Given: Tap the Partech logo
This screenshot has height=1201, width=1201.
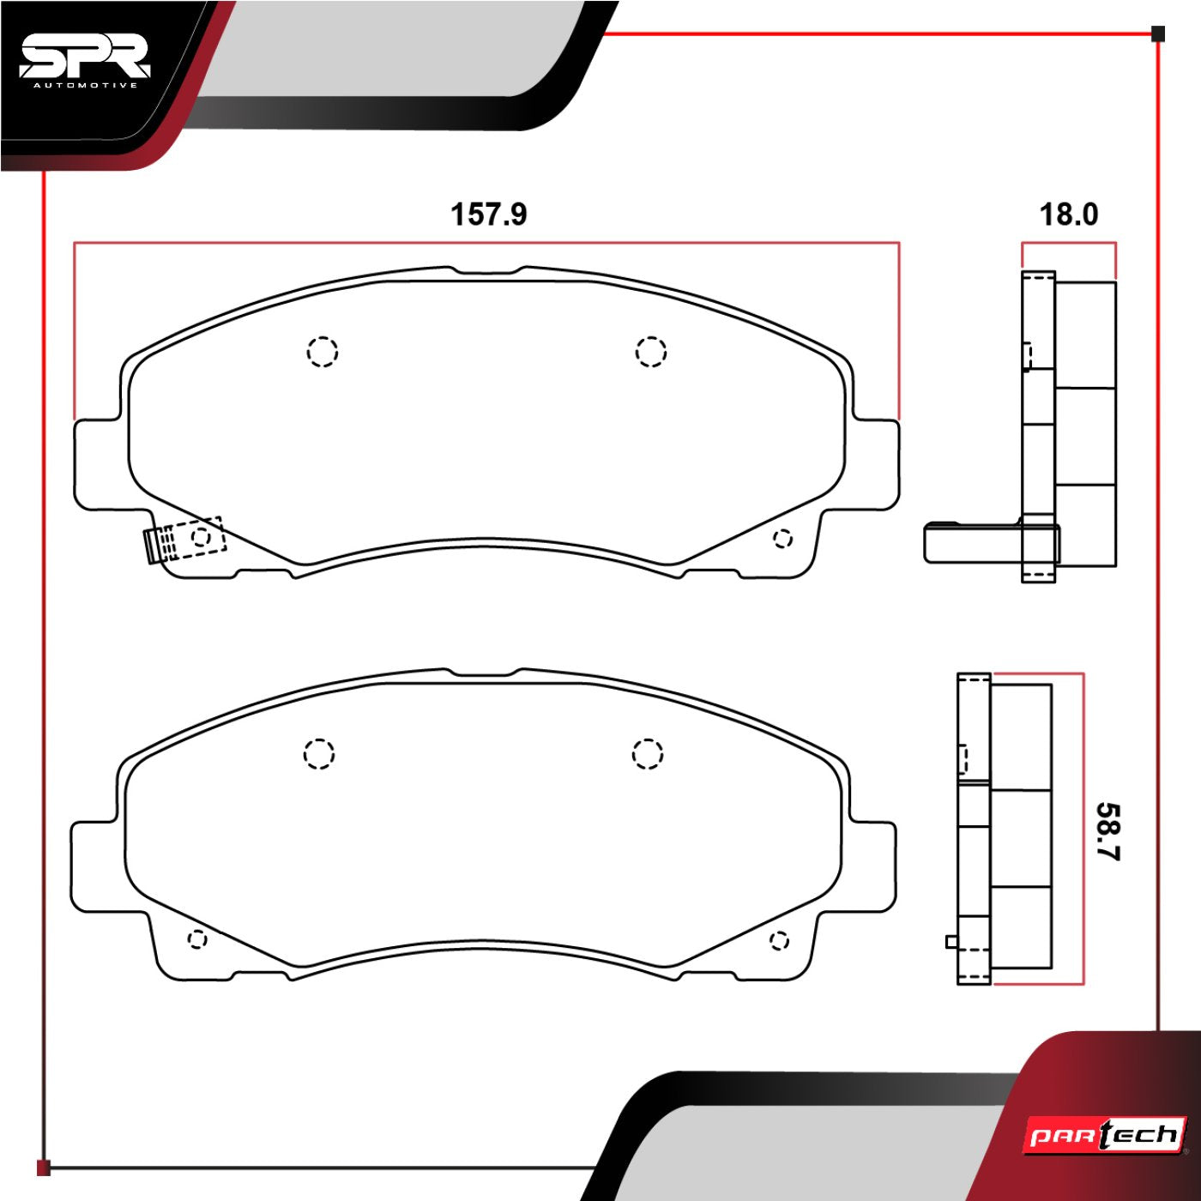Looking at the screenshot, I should click(x=1106, y=1136).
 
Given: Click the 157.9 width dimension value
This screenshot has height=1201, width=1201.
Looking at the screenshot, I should click(x=488, y=214).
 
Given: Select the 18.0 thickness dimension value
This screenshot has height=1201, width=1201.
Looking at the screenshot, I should click(x=1068, y=214).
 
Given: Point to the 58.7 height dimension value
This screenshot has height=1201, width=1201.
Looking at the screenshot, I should click(x=1107, y=831).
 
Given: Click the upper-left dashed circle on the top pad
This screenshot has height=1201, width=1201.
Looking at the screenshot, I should click(x=323, y=351).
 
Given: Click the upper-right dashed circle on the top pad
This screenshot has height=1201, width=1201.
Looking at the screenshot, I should click(x=651, y=351).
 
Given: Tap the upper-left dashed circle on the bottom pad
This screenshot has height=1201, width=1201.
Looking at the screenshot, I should click(x=318, y=753).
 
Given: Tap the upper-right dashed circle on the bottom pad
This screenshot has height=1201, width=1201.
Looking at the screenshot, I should click(x=648, y=753).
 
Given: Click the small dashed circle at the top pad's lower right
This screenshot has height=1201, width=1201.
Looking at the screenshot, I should click(x=782, y=539).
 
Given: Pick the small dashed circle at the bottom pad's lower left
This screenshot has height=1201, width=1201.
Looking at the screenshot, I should click(x=196, y=939).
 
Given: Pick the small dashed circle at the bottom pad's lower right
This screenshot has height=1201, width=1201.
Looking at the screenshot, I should click(x=779, y=940).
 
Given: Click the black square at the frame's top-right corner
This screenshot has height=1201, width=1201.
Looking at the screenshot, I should click(x=1158, y=34).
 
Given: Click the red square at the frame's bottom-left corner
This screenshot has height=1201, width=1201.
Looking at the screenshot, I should click(x=44, y=1168).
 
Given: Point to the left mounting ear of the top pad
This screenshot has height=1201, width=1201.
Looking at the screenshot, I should click(x=98, y=464).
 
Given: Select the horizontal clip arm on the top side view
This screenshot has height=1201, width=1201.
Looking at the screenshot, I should click(x=969, y=542).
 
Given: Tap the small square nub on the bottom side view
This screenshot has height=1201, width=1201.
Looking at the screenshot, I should click(x=951, y=941).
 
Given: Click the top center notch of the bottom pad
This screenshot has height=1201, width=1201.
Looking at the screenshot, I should click(x=482, y=672).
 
